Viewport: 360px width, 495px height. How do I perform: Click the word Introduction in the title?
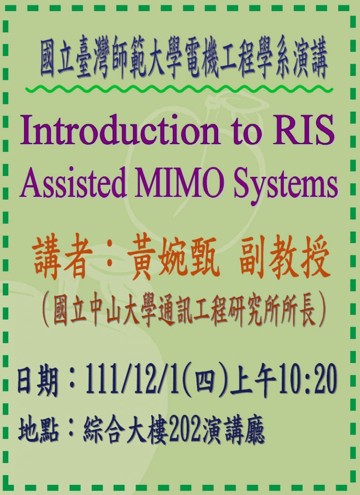(120, 130)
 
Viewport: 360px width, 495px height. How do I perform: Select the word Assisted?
(74, 182)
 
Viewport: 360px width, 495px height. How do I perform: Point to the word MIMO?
(180, 182)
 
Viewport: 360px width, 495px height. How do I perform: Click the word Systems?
(285, 185)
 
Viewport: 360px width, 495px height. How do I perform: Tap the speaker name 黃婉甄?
(174, 258)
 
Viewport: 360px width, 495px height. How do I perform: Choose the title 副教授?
(284, 258)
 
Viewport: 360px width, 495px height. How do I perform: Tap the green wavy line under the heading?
(179, 89)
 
